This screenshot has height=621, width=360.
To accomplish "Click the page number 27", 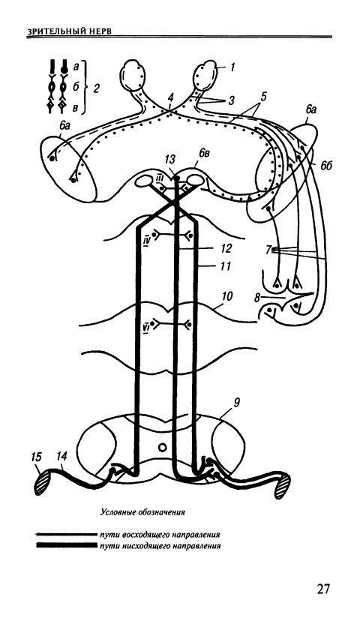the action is click(x=323, y=589).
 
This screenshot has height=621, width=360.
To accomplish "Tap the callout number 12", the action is click(x=224, y=248).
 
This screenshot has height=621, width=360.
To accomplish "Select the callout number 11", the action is click(x=224, y=265).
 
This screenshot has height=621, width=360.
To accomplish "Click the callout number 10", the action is click(x=228, y=296).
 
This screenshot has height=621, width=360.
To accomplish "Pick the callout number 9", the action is click(x=237, y=403).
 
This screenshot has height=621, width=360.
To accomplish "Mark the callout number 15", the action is click(x=36, y=457).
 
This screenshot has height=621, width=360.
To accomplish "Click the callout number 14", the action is click(x=61, y=457).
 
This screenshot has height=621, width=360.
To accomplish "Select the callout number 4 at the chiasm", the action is click(x=170, y=97).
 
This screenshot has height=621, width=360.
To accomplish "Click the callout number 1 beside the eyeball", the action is click(x=232, y=67).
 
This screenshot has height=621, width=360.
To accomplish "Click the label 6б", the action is click(x=326, y=166).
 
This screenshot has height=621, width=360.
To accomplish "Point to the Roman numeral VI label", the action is click(x=145, y=328).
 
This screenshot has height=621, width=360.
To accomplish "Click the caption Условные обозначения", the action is click(x=143, y=512).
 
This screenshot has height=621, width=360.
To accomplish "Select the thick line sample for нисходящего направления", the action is click(x=66, y=546).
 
